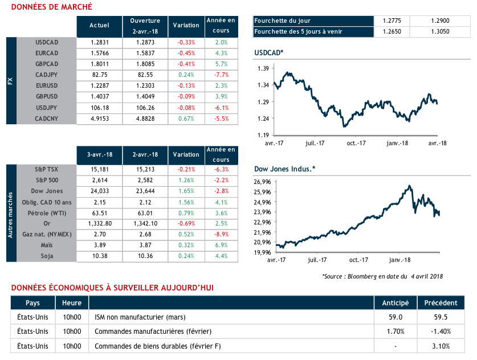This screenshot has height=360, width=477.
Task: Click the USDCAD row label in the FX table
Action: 47,42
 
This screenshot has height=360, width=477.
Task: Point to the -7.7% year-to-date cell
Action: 221,75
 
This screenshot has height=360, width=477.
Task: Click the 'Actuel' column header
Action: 99,25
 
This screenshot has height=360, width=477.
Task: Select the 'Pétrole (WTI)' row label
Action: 47,212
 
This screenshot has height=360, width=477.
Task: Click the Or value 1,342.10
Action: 145,223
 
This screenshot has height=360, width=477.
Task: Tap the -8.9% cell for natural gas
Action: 221,234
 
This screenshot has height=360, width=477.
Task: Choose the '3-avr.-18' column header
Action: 99,154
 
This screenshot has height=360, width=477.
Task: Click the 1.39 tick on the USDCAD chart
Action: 263,68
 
